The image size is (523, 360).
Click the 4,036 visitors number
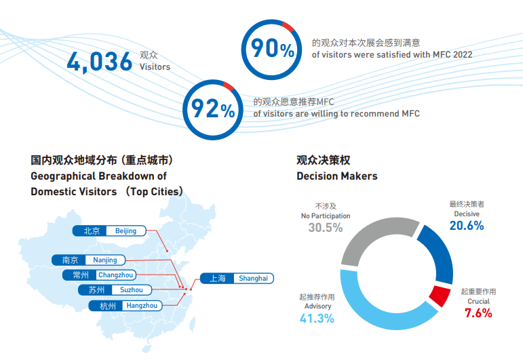pyautogui.click(x=100, y=62)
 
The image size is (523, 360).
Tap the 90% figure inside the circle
pyautogui.click(x=272, y=48)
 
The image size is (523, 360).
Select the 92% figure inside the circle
pyautogui.click(x=213, y=108)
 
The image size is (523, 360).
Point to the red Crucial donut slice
pyautogui.click(x=440, y=296)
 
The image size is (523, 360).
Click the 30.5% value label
pyautogui.click(x=326, y=228)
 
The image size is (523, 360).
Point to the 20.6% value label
pyautogui.click(x=467, y=226)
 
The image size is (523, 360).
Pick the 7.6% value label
pyautogui.click(x=478, y=313)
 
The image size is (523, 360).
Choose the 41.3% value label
pyautogui.click(x=317, y=319)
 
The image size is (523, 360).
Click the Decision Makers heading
pyautogui.click(x=337, y=176)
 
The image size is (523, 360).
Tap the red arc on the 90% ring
pyautogui.click(x=288, y=26)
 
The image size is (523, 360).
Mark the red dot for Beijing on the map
pyautogui.click(x=168, y=251)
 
